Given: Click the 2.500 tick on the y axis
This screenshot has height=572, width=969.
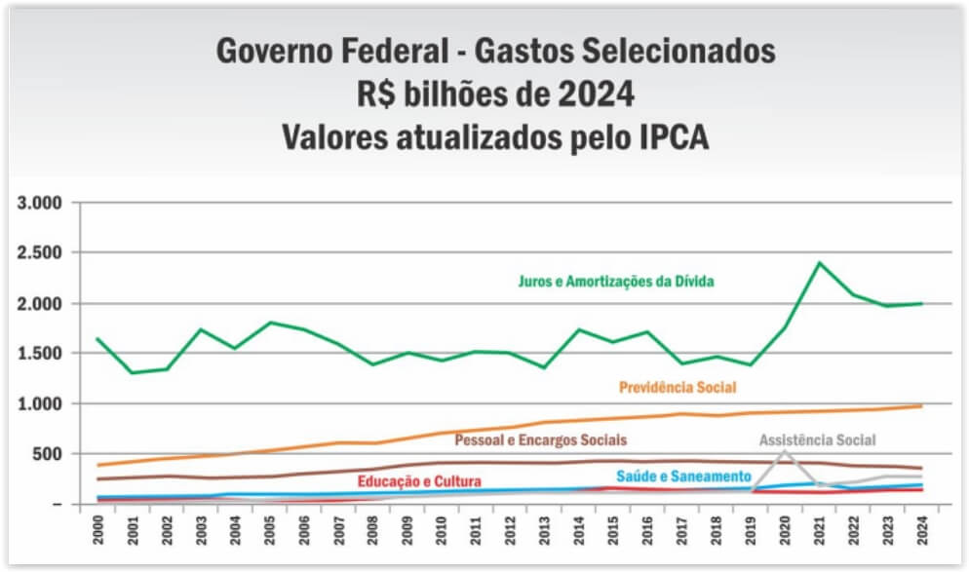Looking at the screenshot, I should [x=40, y=253].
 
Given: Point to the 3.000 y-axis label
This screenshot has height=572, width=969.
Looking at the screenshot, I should [x=40, y=204].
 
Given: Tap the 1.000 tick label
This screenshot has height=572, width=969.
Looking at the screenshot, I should [x=40, y=403].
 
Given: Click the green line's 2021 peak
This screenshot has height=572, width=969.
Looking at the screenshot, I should [x=819, y=262].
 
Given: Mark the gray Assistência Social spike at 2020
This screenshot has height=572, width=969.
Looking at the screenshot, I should [x=785, y=451].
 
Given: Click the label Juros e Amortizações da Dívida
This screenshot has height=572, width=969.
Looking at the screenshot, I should [x=616, y=282].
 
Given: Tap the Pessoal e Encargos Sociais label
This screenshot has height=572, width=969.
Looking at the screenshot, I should [x=540, y=440].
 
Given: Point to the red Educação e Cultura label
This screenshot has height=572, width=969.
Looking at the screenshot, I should [x=419, y=480].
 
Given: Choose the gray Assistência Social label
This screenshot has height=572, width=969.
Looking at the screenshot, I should [x=817, y=439].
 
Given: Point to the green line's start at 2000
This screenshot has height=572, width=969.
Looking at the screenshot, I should [x=97, y=339].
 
